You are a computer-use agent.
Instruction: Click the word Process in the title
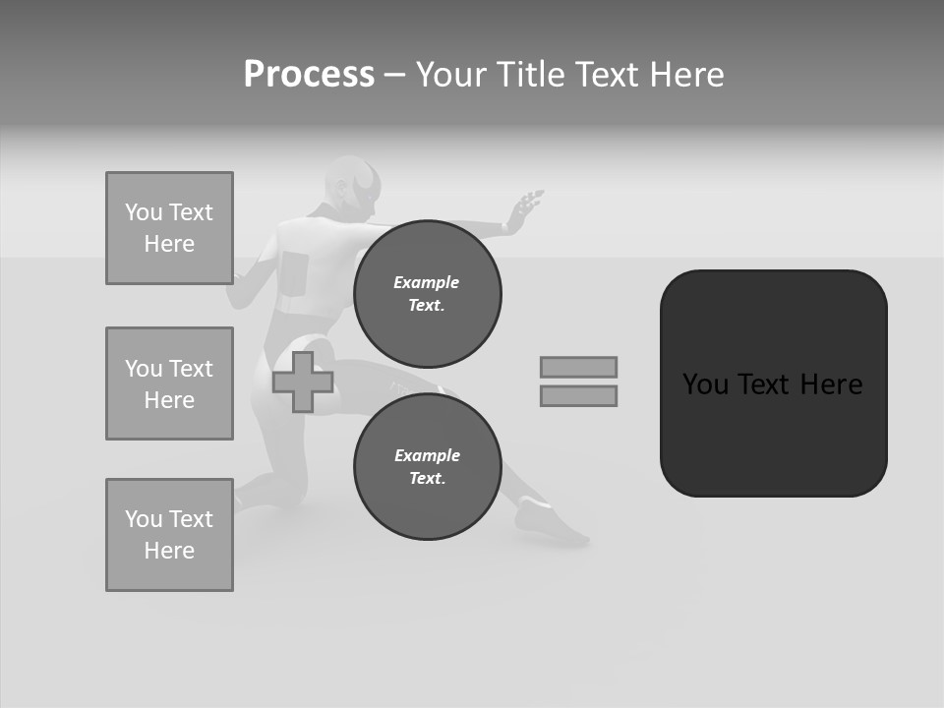pos(309,75)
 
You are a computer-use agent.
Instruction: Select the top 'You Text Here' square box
pos(169,228)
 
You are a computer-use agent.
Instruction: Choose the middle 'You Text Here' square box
pos(169,383)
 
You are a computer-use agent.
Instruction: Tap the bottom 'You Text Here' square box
pos(169,535)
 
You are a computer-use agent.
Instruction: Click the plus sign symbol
pos(303,383)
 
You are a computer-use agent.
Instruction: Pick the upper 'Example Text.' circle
pos(427,293)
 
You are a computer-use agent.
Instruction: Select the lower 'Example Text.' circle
pos(427,466)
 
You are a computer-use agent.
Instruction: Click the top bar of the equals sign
pos(578,367)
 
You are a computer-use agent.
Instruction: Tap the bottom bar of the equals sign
pos(578,395)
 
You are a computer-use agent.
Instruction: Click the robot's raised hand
pos(525,209)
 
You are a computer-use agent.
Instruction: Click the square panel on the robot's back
pos(295,271)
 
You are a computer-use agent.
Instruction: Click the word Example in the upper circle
pos(427,282)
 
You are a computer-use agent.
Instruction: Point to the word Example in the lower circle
pos(427,455)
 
